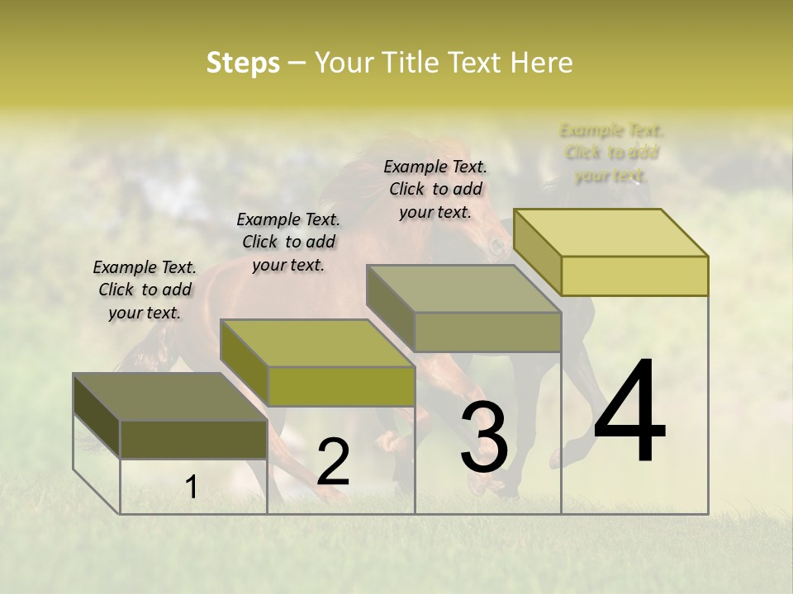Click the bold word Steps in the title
tap(243, 63)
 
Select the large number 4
tap(629, 412)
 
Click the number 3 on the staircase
tap(484, 437)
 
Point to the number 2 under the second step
tap(334, 462)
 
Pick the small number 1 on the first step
tap(192, 488)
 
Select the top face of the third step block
tap(463, 289)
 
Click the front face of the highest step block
tap(634, 276)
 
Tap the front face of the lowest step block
tap(193, 439)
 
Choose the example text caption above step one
tap(145, 290)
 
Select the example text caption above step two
tap(288, 242)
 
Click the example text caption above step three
tap(435, 189)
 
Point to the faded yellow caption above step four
tap(611, 153)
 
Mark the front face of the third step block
tap(487, 332)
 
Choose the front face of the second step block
tap(340, 386)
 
